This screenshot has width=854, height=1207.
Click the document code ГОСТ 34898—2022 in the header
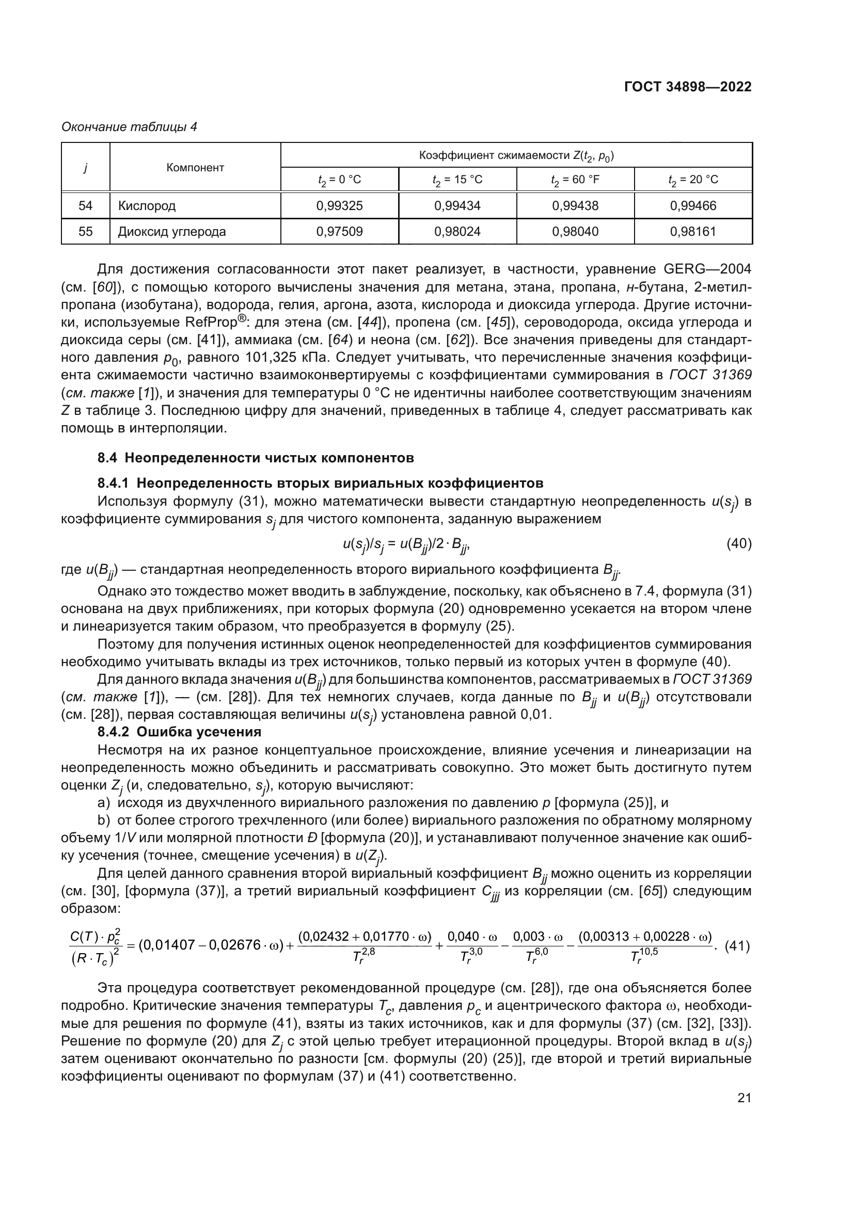[x=687, y=87]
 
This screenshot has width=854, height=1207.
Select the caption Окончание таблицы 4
[x=129, y=127]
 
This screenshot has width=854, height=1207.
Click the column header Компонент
[x=195, y=168]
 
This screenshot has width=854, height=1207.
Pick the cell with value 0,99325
[x=339, y=205]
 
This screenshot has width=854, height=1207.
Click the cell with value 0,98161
[x=692, y=232]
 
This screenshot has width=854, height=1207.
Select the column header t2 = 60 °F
[x=575, y=180]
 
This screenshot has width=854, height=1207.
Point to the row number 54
[x=85, y=205]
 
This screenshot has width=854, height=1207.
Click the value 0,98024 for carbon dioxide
[x=457, y=232]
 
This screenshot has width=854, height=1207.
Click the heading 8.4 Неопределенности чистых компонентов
[x=256, y=458]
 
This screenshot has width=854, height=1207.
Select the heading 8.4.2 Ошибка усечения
[x=179, y=732]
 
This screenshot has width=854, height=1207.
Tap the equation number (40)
[x=738, y=543]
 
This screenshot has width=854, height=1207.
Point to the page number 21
[x=744, y=1098]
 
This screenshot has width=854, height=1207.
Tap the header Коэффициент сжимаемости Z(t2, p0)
[x=516, y=156]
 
